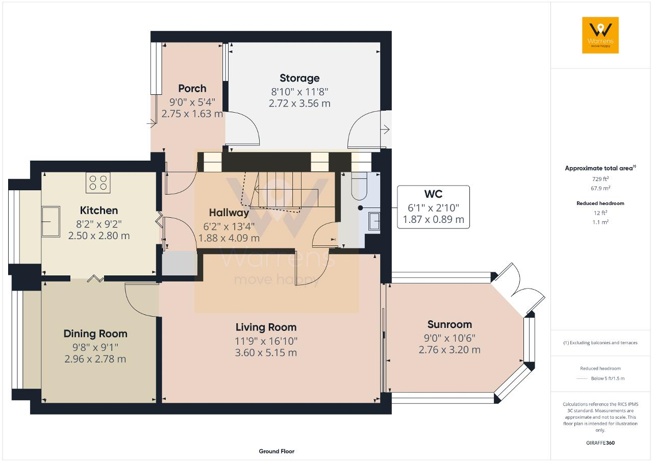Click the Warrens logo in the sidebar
click(600, 35)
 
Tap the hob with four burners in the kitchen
click(98, 183)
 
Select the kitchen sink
click(51, 222)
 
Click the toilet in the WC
click(359, 186)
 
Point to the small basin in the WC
click(374, 221)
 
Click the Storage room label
click(299, 78)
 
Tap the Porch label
click(192, 88)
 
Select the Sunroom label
click(449, 324)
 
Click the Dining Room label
click(95, 333)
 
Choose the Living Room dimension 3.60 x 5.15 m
click(266, 353)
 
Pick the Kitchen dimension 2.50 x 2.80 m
click(99, 236)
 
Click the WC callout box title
click(433, 194)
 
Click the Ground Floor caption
click(277, 451)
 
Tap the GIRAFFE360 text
click(600, 443)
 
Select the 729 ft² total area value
click(600, 179)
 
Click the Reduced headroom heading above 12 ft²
click(600, 203)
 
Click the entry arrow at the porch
click(152, 123)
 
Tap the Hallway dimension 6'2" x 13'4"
click(229, 226)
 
